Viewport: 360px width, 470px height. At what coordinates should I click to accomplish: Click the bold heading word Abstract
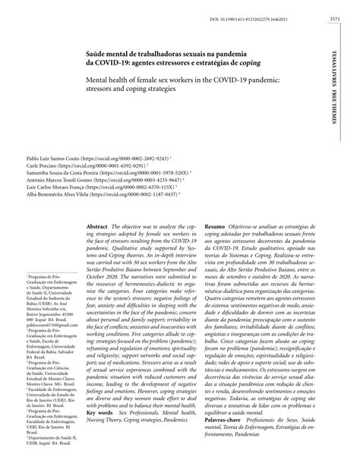[x=97, y=227]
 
